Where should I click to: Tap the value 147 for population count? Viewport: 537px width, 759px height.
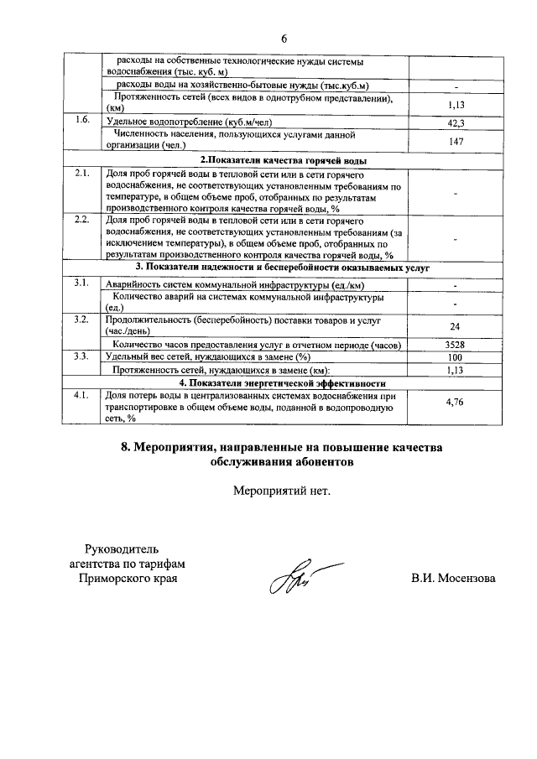pos(456,142)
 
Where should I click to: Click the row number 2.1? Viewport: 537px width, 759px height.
pos(81,173)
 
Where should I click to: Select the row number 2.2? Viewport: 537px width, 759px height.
pos(81,220)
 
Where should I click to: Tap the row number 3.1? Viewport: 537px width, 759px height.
pos(81,283)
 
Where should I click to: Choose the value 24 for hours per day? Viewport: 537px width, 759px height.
pos(456,326)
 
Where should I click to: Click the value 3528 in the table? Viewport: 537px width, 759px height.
pos(456,345)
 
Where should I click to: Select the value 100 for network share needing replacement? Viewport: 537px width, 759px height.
pos(456,357)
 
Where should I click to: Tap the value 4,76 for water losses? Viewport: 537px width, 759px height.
pos(456,403)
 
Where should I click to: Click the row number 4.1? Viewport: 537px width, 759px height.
pos(81,394)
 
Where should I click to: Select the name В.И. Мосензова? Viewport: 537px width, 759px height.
pos(453,579)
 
